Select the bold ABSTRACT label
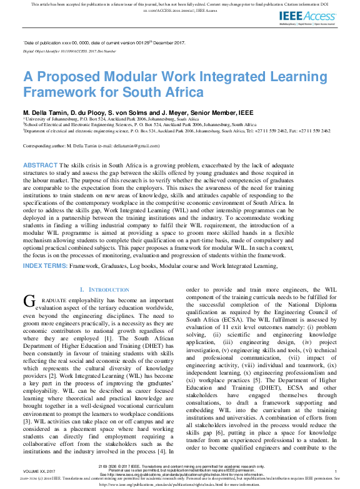(x=41, y=164)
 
